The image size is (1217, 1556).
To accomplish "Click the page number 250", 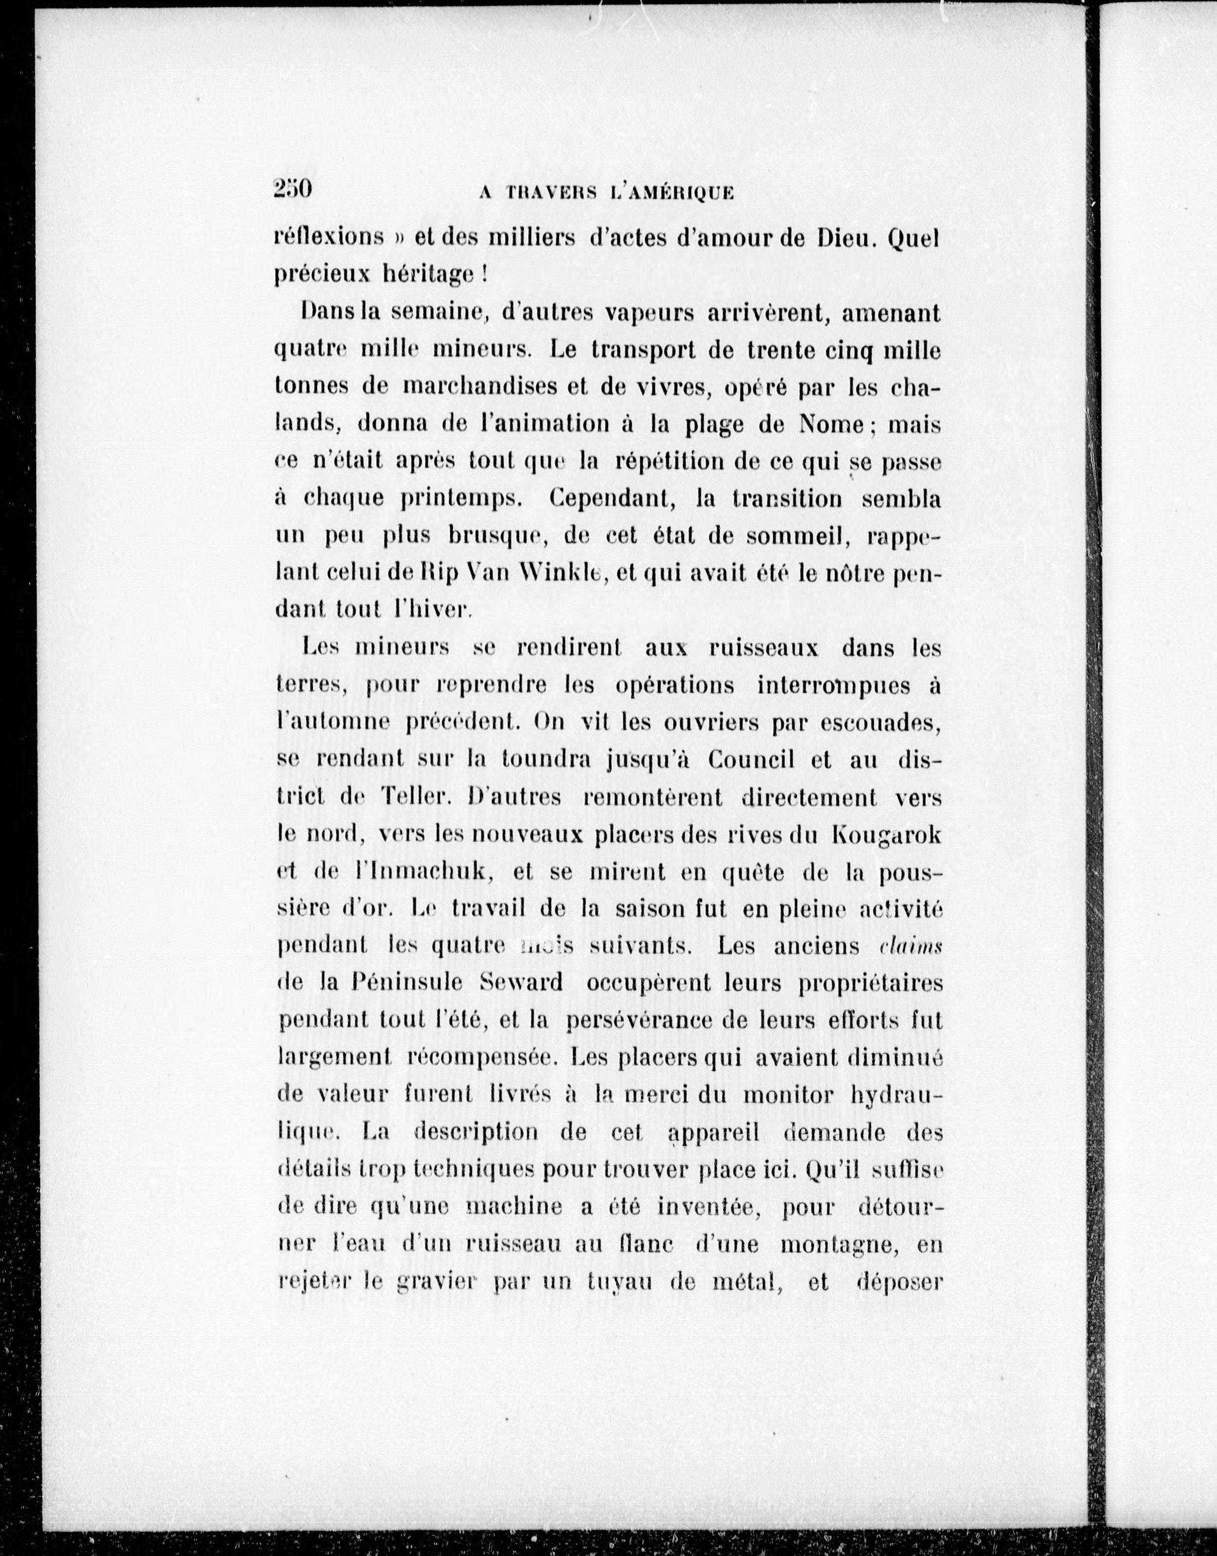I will pyautogui.click(x=293, y=190).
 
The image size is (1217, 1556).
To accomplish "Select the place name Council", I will pyautogui.click(x=751, y=760).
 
